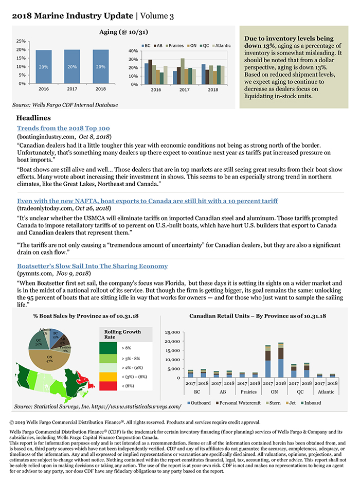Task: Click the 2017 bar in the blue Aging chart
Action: pos(72,66)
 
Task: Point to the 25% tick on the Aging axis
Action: pos(21,41)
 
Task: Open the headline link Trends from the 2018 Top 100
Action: pos(63,128)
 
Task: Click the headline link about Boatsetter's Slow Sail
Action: pos(92,266)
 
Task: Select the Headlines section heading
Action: pos(33,118)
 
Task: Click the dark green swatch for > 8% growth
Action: pos(109,348)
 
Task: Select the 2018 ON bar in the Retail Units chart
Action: pos(280,360)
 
